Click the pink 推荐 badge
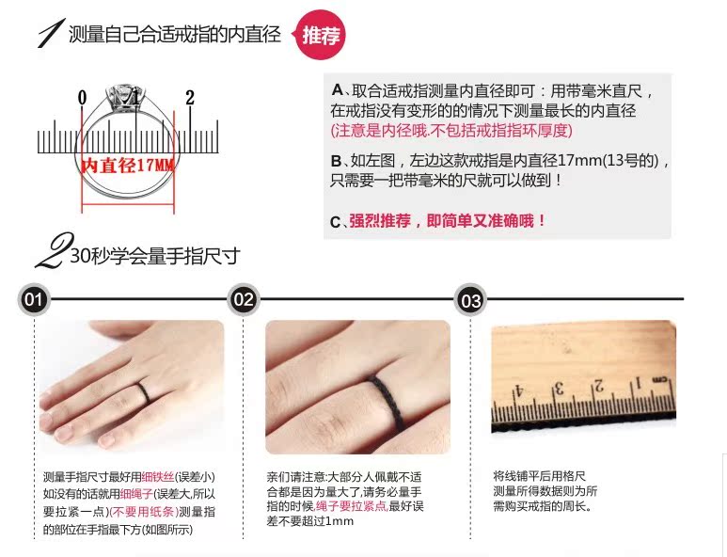coord(321,35)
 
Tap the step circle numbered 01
coord(33,299)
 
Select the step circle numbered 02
coord(244,299)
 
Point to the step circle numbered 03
coord(470,300)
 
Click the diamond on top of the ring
coord(121,97)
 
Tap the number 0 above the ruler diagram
coord(82,98)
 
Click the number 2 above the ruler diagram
coord(190,98)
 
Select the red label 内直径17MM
coord(128,165)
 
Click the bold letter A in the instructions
coord(337,90)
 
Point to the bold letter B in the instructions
coord(336,161)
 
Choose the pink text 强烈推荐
coord(380,221)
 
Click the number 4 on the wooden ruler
coord(517,392)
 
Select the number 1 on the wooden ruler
coord(638,384)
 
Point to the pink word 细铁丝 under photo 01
coord(158,477)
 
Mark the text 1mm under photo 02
coord(340,521)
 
